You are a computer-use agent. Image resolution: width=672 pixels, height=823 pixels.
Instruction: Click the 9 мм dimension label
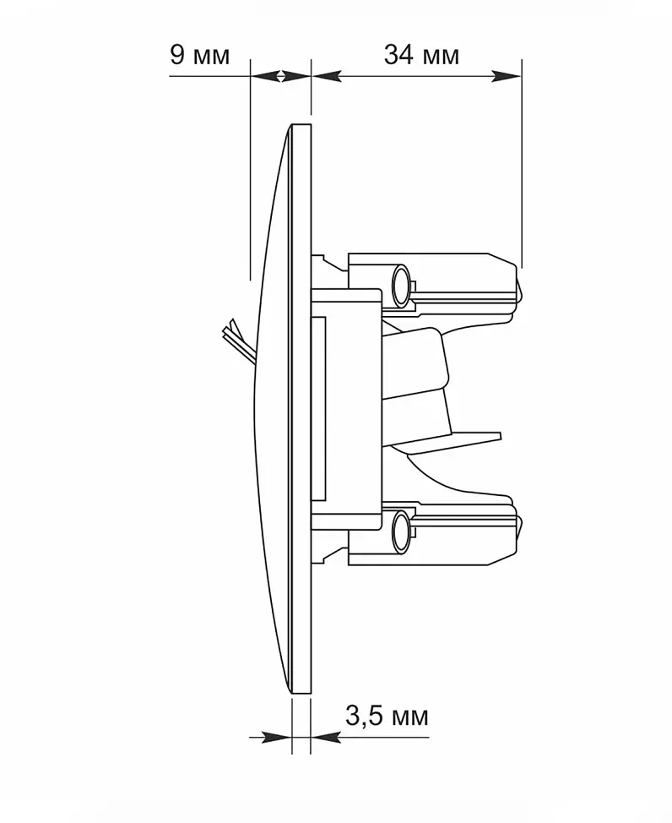tap(200, 55)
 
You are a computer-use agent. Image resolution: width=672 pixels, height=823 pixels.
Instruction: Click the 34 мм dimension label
tap(422, 55)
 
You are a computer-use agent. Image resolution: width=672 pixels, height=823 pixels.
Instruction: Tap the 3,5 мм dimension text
tap(387, 716)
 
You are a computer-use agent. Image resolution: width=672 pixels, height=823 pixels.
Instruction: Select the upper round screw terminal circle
tap(401, 286)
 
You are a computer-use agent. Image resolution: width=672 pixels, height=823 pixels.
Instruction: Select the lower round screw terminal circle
tap(401, 532)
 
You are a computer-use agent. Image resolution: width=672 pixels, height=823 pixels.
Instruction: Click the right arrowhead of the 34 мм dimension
tap(507, 77)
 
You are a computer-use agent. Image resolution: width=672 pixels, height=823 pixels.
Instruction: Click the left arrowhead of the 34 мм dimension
tap(327, 77)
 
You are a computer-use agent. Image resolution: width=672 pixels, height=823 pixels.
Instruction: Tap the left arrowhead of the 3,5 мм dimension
tap(276, 738)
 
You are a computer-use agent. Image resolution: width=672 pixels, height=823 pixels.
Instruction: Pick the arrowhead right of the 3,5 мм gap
tap(326, 738)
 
